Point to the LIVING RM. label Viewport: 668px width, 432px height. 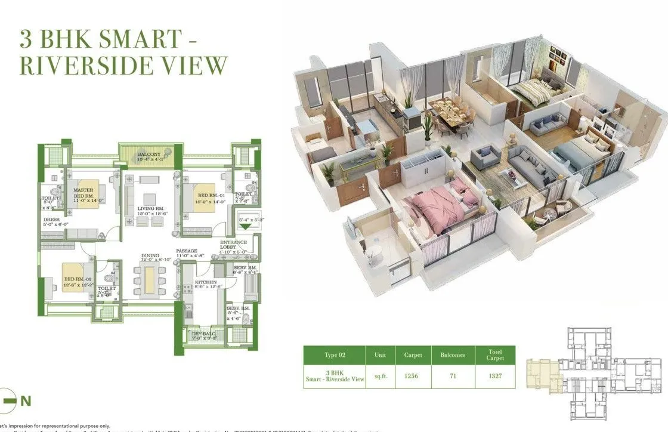point(149,209)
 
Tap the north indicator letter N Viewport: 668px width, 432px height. point(26,401)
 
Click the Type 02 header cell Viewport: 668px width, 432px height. point(333,355)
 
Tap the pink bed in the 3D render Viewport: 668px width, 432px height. point(439,206)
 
